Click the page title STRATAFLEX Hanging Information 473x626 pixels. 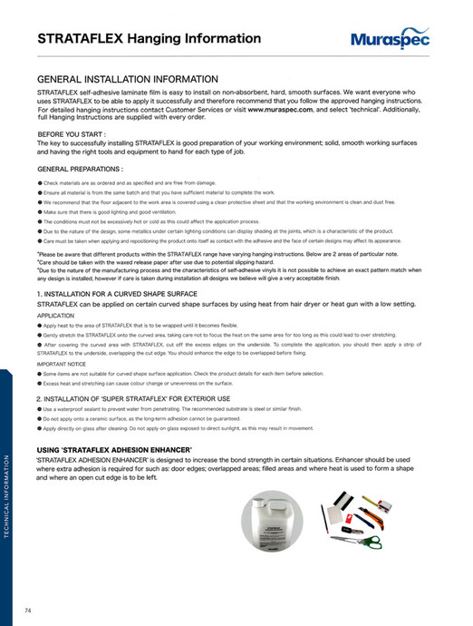150,39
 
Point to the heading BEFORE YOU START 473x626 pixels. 72,133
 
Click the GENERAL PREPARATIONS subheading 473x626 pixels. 80,169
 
